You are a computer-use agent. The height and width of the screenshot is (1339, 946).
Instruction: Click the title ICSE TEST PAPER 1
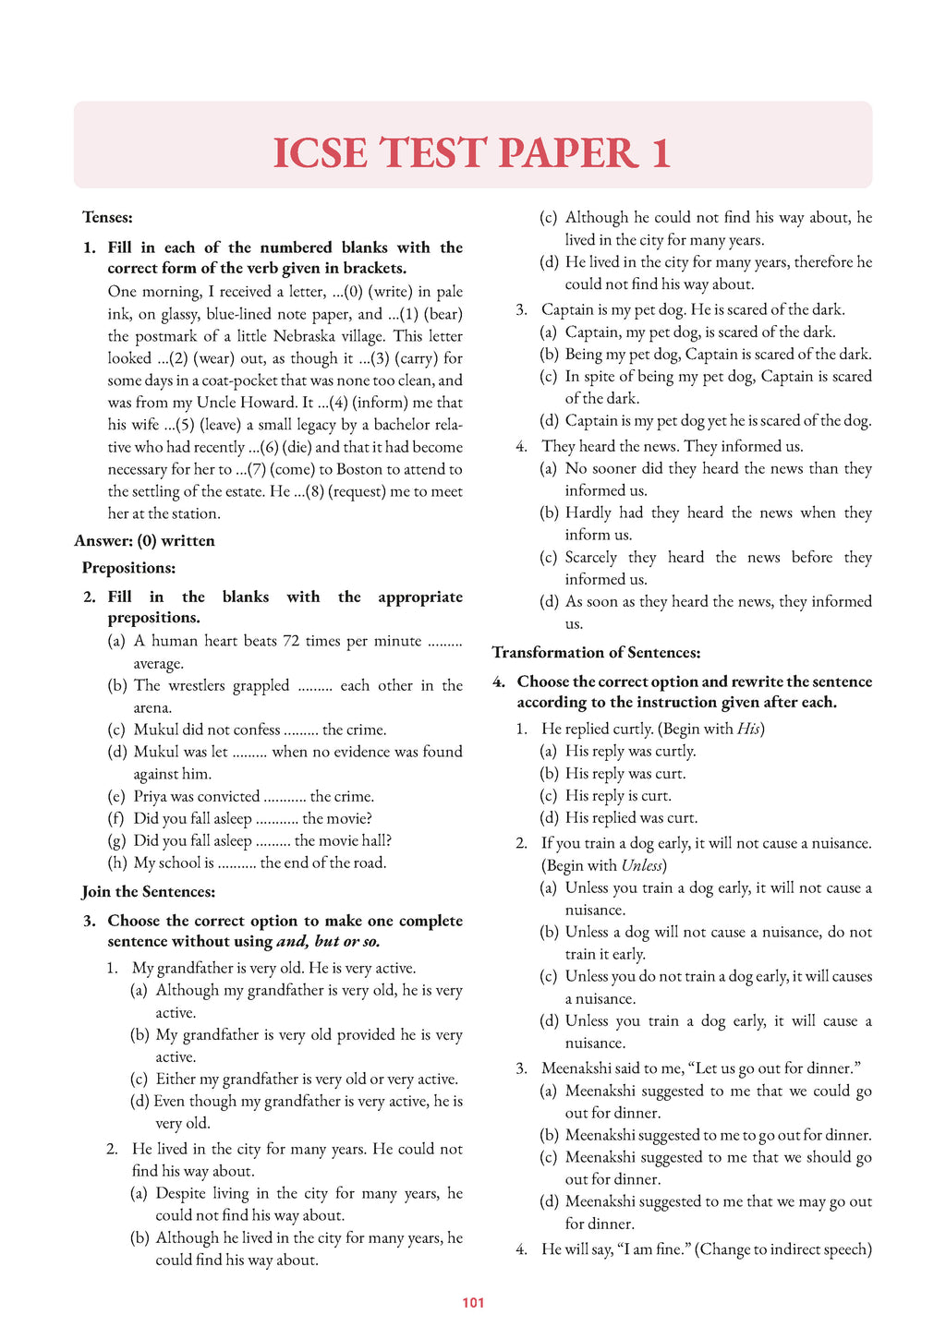pos(472,153)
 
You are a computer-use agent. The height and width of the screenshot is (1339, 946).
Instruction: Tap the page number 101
pos(473,1303)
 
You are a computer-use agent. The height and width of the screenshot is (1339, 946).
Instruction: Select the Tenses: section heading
pos(107,217)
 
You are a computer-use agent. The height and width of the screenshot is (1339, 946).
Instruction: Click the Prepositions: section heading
pos(128,567)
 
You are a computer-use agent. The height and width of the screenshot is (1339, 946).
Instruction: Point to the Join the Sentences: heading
pos(148,891)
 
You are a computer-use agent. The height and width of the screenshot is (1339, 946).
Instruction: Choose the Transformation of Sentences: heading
pos(596,652)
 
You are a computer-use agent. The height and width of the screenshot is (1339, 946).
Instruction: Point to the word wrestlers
pos(197,685)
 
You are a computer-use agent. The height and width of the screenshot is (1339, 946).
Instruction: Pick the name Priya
pos(152,796)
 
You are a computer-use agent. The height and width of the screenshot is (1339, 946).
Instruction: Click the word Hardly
pos(589,513)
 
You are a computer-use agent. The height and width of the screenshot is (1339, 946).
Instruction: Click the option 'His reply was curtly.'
pos(630,751)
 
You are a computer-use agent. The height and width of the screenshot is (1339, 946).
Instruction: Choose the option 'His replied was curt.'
pos(631,817)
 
